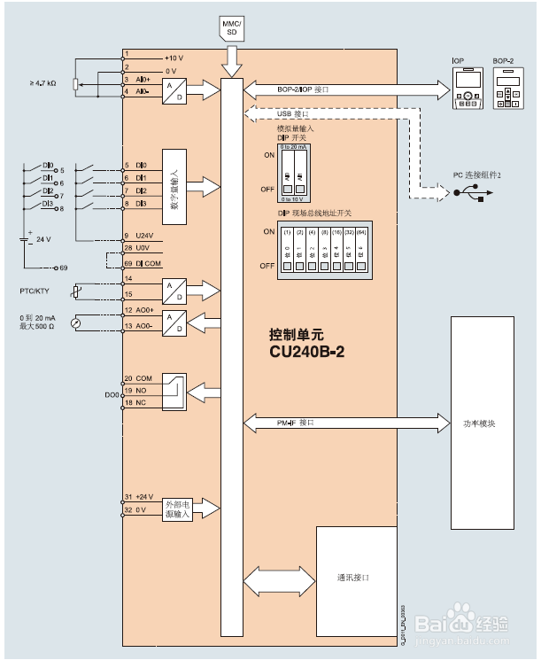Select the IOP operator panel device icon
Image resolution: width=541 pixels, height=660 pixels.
464,88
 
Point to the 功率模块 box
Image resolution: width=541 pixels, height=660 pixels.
479,423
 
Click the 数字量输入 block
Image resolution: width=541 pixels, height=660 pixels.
174,185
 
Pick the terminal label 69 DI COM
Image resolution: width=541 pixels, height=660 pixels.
142,263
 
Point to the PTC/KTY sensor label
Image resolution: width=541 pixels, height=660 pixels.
37,290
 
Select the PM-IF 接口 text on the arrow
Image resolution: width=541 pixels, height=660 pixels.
296,423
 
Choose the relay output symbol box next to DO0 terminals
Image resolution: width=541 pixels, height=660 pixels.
175,391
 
